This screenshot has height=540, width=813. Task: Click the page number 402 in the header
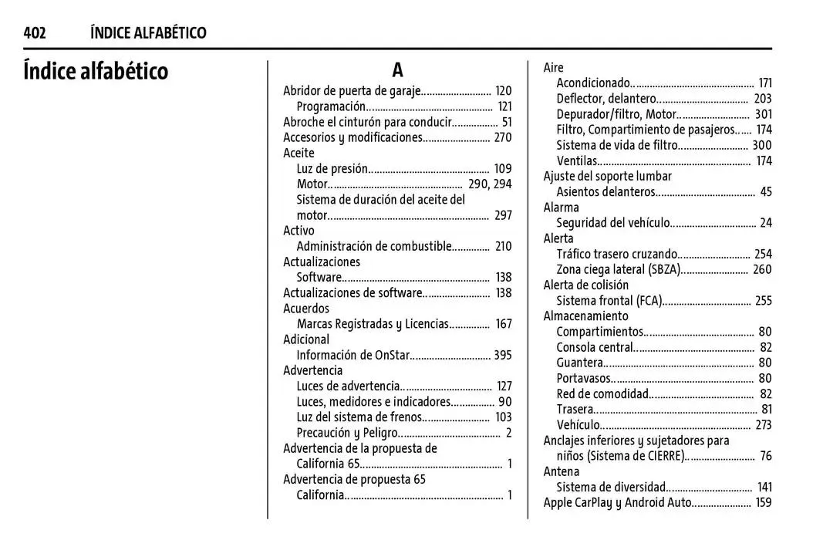pos(34,32)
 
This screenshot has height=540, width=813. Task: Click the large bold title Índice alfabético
pos(96,72)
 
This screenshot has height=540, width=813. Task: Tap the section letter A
pos(397,71)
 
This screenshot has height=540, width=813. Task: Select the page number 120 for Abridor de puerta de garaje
pos(503,91)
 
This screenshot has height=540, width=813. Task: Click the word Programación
pos(330,106)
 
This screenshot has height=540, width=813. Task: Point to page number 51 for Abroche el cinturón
pos(506,122)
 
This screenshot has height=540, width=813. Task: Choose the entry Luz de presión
pos(332,169)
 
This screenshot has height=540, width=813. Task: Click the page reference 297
pos(503,215)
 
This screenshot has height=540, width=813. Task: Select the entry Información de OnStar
pos(353,355)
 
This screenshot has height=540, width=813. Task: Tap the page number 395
pos(502,355)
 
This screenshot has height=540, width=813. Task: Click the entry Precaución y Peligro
pos(346,433)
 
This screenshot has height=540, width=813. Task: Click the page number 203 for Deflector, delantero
pos(762,99)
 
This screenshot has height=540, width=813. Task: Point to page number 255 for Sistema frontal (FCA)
pos(763,301)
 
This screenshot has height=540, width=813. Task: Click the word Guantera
pos(579,363)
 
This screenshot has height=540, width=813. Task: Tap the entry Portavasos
pos(584,378)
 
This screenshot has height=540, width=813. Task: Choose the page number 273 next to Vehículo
pos(763,425)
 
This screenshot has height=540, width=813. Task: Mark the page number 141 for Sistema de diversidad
pos(764,488)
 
